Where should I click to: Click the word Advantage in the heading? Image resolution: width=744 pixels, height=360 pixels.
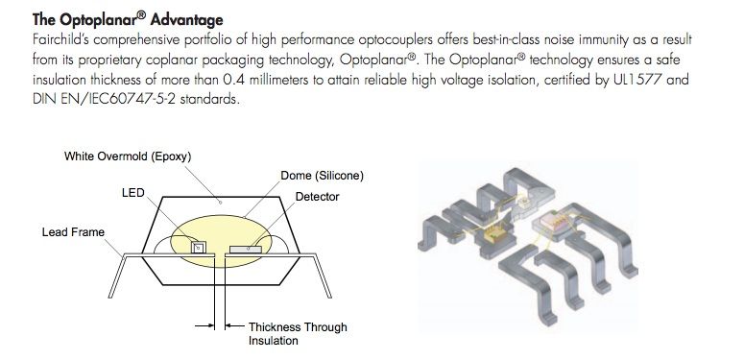[186, 20]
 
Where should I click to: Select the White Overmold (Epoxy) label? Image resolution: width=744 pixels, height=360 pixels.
[128, 156]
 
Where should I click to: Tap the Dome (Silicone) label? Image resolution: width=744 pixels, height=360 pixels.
[323, 176]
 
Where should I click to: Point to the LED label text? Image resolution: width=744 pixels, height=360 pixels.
[132, 193]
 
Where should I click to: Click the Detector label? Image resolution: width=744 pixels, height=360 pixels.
[317, 197]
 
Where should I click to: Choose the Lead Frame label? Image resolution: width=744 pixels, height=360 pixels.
[73, 232]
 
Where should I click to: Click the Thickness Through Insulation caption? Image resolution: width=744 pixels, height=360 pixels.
[298, 334]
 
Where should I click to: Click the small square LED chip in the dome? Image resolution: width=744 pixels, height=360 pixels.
[199, 247]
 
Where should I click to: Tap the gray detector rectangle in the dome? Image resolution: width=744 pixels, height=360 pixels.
[246, 249]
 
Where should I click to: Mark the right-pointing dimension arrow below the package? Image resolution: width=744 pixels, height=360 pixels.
[204, 325]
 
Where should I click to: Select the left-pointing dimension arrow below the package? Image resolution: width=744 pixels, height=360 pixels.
[234, 325]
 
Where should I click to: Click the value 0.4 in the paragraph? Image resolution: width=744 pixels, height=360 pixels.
[233, 80]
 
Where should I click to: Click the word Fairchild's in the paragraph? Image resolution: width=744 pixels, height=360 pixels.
[60, 39]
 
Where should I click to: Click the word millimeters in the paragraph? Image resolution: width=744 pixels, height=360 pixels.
[278, 80]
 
